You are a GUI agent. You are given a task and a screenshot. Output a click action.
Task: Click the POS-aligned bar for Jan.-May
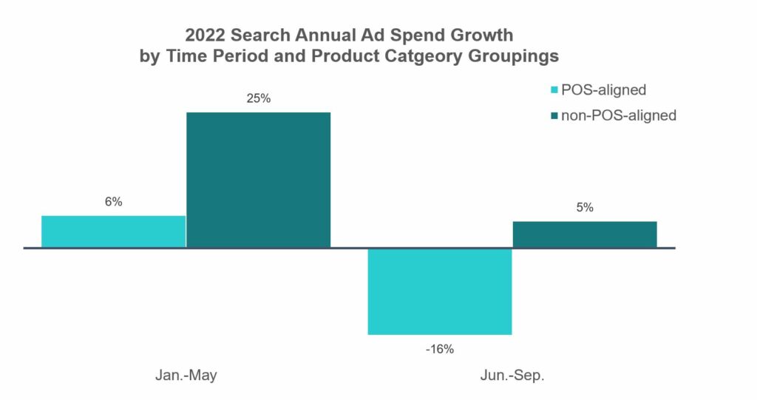(114, 231)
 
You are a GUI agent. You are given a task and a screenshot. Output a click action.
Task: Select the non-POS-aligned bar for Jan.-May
(258, 180)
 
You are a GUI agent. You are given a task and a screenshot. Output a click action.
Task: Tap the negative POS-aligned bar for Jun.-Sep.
(440, 291)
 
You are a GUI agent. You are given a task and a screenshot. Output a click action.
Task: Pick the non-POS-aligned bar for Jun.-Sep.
(584, 234)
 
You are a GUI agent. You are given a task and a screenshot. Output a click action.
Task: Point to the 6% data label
(113, 202)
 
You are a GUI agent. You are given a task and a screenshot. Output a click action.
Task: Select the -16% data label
(440, 348)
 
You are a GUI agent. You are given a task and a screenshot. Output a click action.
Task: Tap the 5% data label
(585, 208)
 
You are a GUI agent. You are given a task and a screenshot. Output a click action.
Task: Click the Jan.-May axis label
(186, 376)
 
